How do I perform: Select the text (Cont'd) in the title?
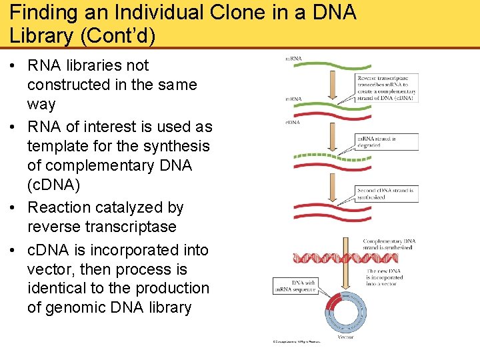pos(117,35)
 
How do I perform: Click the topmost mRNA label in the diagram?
pos(294,59)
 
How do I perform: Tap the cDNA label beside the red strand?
pos(293,122)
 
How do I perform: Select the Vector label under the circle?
pos(345,337)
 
